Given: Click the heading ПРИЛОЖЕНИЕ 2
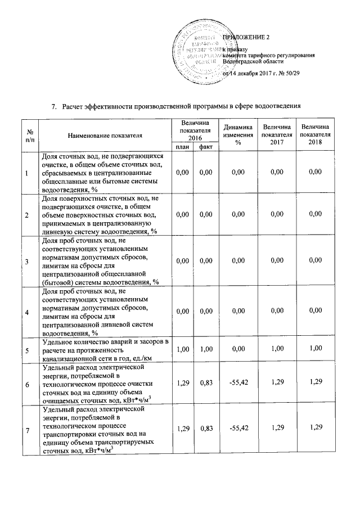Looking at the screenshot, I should [247, 37].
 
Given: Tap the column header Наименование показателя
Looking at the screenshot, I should [105, 136].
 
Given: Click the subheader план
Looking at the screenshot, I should [182, 147].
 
